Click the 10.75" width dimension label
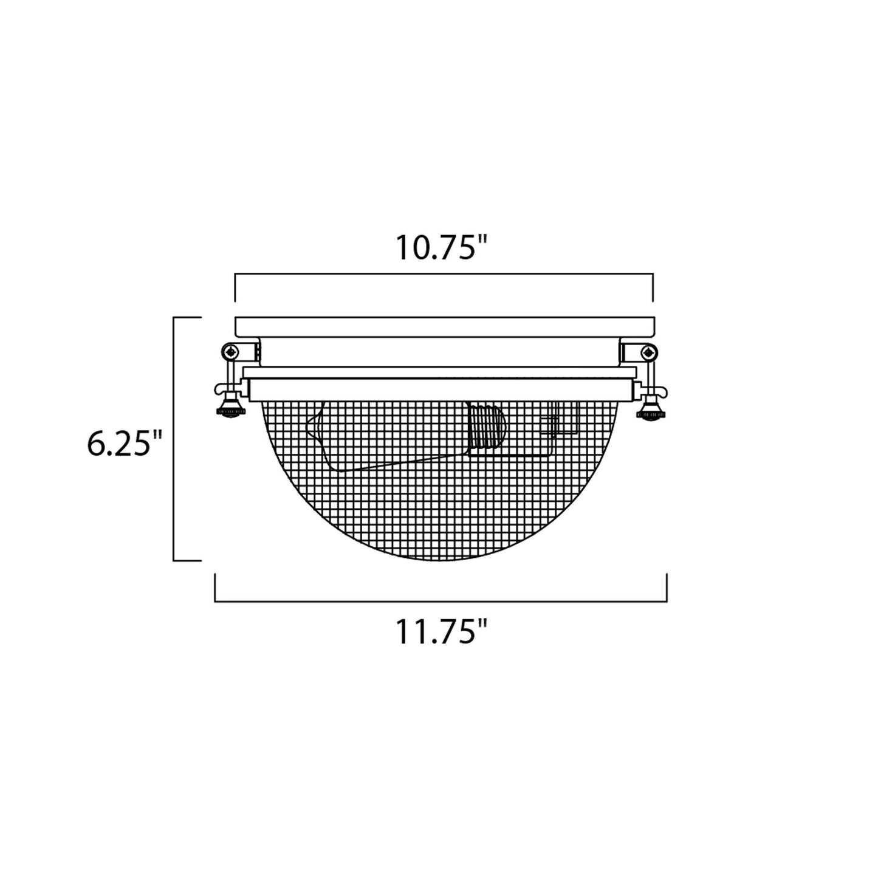pos(442,247)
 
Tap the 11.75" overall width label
pos(442,631)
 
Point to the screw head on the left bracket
pos(230,351)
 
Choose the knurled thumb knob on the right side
pos(648,414)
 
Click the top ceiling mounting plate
pos(444,327)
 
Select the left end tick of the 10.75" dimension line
pos(236,287)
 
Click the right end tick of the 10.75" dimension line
pos(653,287)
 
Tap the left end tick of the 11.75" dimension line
pos(215,588)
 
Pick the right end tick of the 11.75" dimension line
pos(667,588)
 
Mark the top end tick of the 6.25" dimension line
pos(187,317)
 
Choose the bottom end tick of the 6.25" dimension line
pos(187,560)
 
